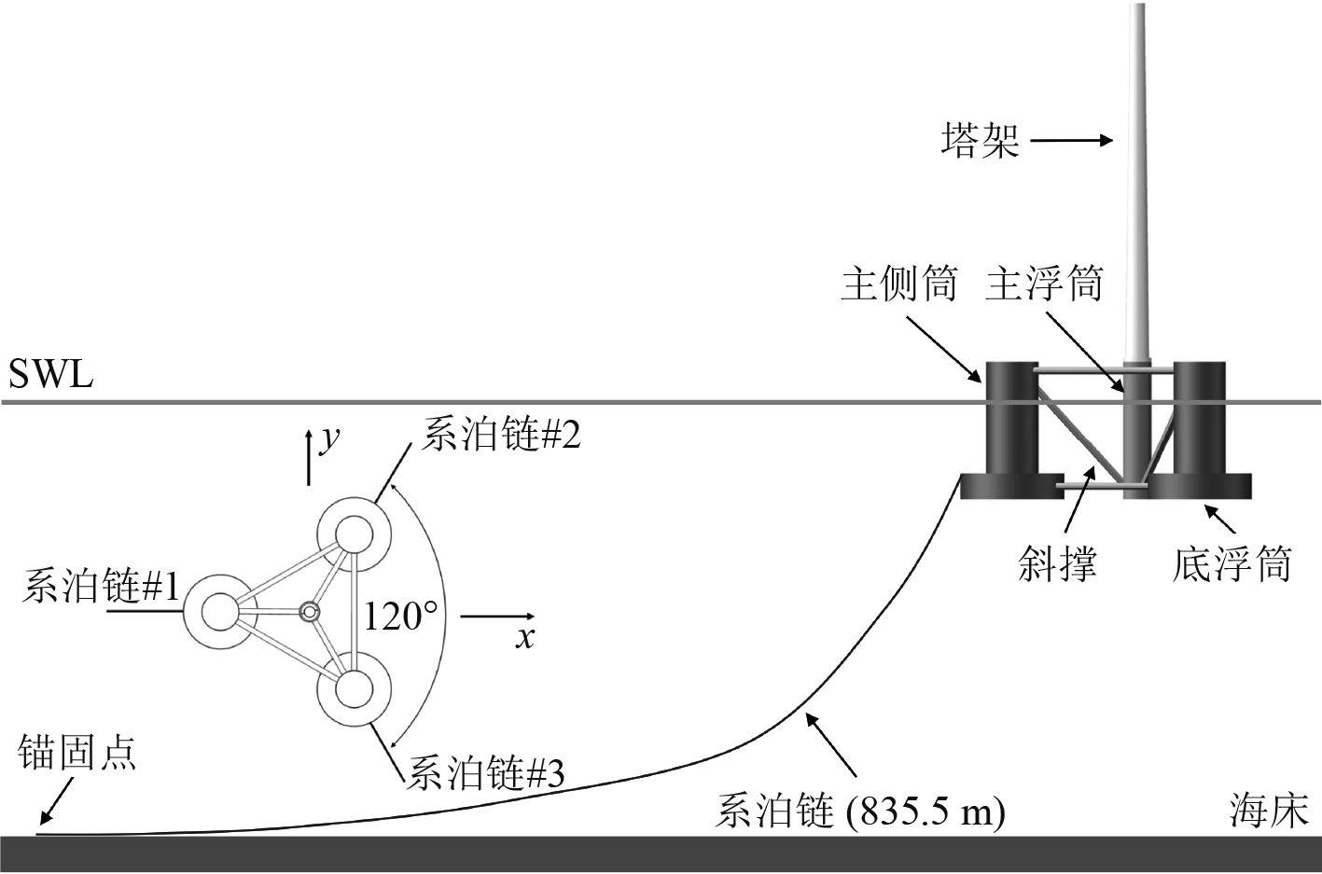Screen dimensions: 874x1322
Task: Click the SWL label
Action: pyautogui.click(x=50, y=376)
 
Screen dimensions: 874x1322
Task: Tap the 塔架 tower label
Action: pyautogui.click(x=979, y=143)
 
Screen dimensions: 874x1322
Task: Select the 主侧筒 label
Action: pyautogui.click(x=898, y=284)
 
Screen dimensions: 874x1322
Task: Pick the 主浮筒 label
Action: pyautogui.click(x=1044, y=284)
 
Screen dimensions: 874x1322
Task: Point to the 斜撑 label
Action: pyautogui.click(x=1057, y=564)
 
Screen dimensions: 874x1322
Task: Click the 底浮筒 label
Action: pyautogui.click(x=1232, y=564)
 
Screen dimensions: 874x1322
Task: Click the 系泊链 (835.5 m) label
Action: pyautogui.click(x=859, y=812)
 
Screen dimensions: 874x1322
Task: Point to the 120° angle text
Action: pyautogui.click(x=400, y=616)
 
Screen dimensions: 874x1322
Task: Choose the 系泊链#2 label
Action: pyautogui.click(x=501, y=435)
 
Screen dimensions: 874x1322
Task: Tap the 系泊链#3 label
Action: pyautogui.click(x=485, y=773)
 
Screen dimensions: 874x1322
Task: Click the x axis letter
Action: pyautogui.click(x=526, y=638)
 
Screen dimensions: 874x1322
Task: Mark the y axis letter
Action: pyautogui.click(x=327, y=438)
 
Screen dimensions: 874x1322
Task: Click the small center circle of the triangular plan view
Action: pyautogui.click(x=310, y=612)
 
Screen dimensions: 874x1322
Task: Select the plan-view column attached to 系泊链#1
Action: pyautogui.click(x=220, y=612)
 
